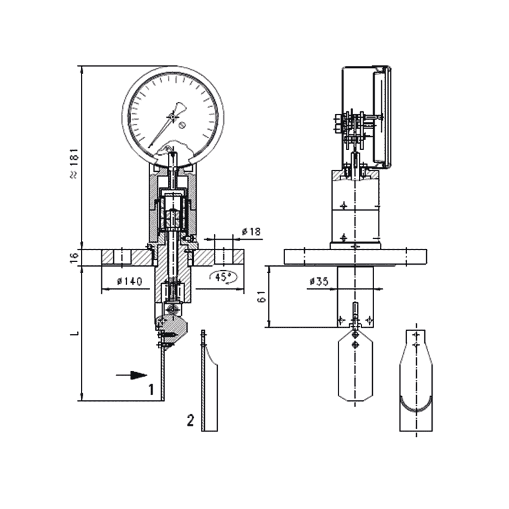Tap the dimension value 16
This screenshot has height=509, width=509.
74,256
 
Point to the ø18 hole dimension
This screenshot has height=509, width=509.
252,232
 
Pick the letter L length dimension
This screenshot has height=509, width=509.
74,333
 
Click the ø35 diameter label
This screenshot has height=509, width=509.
319,281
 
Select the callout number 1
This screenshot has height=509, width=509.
151,389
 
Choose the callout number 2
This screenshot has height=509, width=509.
190,420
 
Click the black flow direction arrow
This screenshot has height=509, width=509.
132,375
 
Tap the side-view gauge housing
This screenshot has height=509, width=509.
366,115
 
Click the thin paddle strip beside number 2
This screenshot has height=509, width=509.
209,388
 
